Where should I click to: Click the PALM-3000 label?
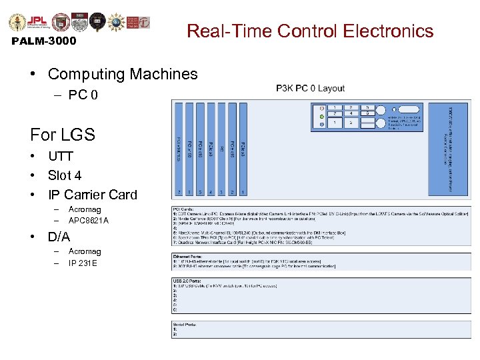click(x=44, y=41)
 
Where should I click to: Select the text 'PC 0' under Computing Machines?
click(x=83, y=95)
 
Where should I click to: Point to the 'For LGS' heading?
click(x=63, y=135)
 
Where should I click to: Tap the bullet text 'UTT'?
click(x=60, y=157)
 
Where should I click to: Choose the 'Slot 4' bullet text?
click(x=65, y=176)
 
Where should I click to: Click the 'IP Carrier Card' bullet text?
click(x=92, y=195)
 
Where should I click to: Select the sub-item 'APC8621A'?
click(x=88, y=220)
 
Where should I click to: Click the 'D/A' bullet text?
click(x=59, y=237)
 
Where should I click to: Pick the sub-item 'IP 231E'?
click(x=83, y=263)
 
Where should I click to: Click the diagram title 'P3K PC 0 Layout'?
click(x=311, y=88)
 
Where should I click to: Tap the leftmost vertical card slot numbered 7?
click(x=179, y=151)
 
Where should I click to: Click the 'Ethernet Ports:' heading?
click(x=189, y=255)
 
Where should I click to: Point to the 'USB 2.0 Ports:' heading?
click(x=189, y=281)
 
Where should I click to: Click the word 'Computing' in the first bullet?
click(x=82, y=74)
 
